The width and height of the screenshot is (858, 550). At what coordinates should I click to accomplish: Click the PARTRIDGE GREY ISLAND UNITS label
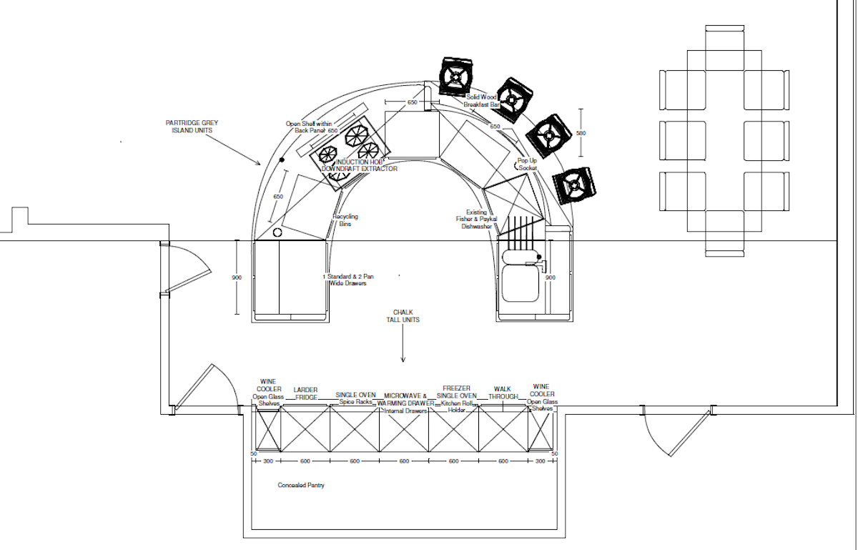pyautogui.click(x=192, y=127)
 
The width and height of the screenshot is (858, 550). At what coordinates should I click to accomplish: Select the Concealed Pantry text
pyautogui.click(x=301, y=486)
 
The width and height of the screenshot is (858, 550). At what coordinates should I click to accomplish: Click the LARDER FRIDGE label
pyautogui.click(x=305, y=394)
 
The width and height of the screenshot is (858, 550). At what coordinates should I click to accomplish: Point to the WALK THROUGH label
pyautogui.click(x=503, y=393)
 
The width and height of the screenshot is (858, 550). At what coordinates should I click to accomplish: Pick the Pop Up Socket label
pyautogui.click(x=527, y=164)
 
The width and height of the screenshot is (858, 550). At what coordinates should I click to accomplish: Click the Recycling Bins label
pyautogui.click(x=345, y=220)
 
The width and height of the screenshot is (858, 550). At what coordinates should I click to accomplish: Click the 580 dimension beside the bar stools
pyautogui.click(x=581, y=133)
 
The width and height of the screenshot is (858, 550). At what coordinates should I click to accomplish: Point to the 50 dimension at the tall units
pyautogui.click(x=253, y=454)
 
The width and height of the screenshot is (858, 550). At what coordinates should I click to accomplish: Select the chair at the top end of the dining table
pyautogui.click(x=724, y=39)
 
